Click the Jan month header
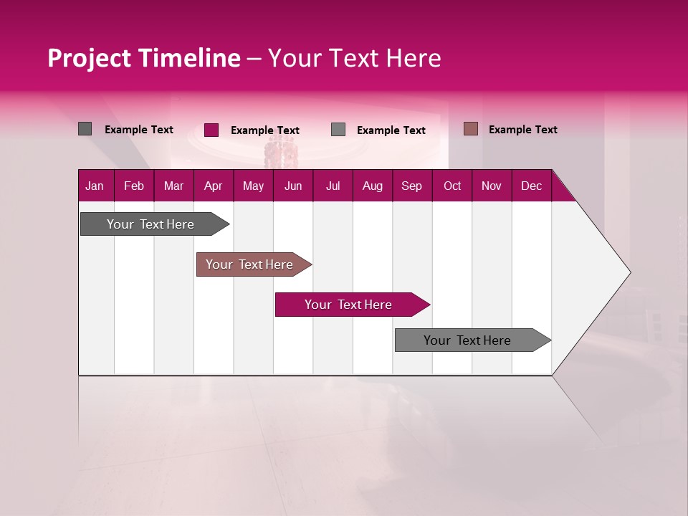pyautogui.click(x=95, y=186)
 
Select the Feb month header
pyautogui.click(x=134, y=186)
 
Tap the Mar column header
pyautogui.click(x=173, y=186)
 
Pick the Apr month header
pyautogui.click(x=214, y=186)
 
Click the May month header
pyautogui.click(x=253, y=186)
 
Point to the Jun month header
pyautogui.click(x=293, y=186)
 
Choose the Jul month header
pyautogui.click(x=333, y=186)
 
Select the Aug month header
pyautogui.click(x=373, y=186)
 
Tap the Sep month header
pyautogui.click(x=412, y=186)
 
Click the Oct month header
pyautogui.click(x=452, y=186)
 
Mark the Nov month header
pyautogui.click(x=492, y=186)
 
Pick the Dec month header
pyautogui.click(x=532, y=186)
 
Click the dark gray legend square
pyautogui.click(x=85, y=129)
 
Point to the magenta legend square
pyautogui.click(x=211, y=130)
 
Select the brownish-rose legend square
pyautogui.click(x=470, y=129)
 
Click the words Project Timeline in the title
pyautogui.click(x=144, y=58)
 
